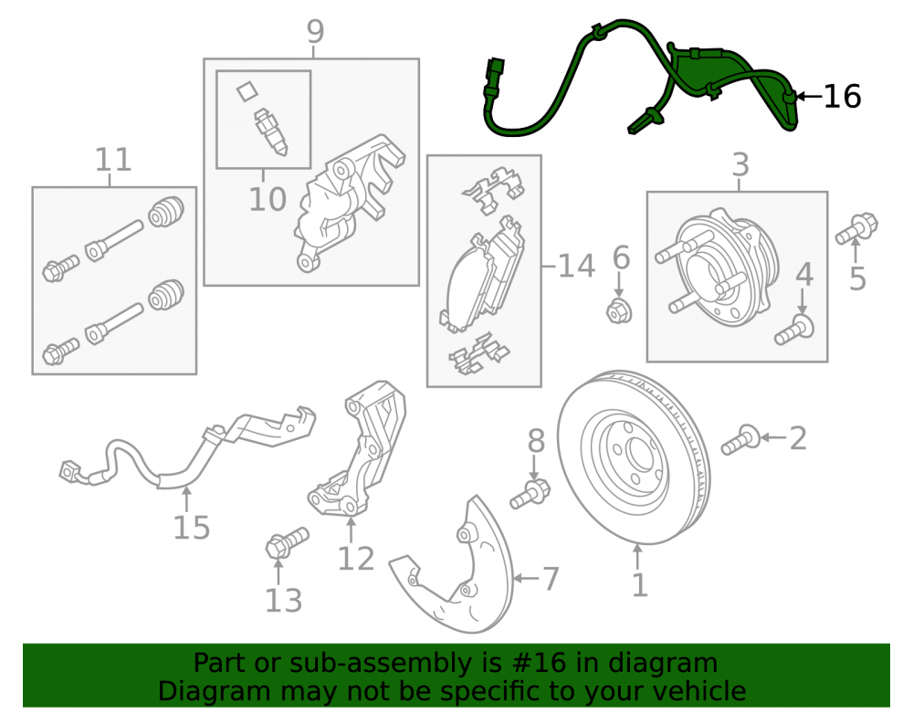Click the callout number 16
pyautogui.click(x=842, y=97)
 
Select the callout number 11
pyautogui.click(x=113, y=160)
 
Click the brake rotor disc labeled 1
pyautogui.click(x=635, y=456)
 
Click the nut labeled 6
pyautogui.click(x=618, y=311)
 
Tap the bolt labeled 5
pyautogui.click(x=856, y=228)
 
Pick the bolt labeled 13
pyautogui.click(x=287, y=541)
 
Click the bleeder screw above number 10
pyautogui.click(x=271, y=131)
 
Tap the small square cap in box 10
pyautogui.click(x=247, y=90)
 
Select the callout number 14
pyautogui.click(x=576, y=267)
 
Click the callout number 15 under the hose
pyautogui.click(x=192, y=528)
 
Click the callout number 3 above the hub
pyautogui.click(x=740, y=165)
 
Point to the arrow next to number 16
pyautogui.click(x=808, y=96)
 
